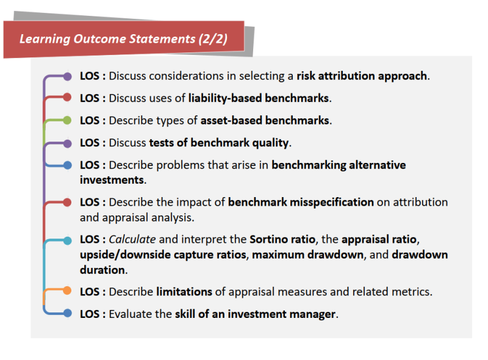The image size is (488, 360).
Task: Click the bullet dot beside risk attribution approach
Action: [x=67, y=76]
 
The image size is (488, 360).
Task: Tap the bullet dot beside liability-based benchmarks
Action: [x=67, y=98]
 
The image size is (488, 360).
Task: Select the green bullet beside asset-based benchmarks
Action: [x=67, y=120]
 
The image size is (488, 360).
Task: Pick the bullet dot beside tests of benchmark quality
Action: [x=67, y=143]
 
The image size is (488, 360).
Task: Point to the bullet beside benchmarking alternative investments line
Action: [x=67, y=165]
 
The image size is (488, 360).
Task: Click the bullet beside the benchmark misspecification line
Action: [x=67, y=202]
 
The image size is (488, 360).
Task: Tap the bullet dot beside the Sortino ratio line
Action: [x=67, y=240]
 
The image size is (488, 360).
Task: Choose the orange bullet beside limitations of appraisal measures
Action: [x=67, y=291]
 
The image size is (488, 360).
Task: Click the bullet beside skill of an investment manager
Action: [x=67, y=314]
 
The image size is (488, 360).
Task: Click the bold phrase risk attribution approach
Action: [x=362, y=76]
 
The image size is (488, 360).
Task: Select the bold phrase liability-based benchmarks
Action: [x=259, y=98]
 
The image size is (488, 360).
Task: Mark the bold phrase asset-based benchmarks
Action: [x=265, y=120]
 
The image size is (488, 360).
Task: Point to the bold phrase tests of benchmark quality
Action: [x=219, y=143]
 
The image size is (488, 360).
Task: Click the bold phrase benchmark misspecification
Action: [x=301, y=202]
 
